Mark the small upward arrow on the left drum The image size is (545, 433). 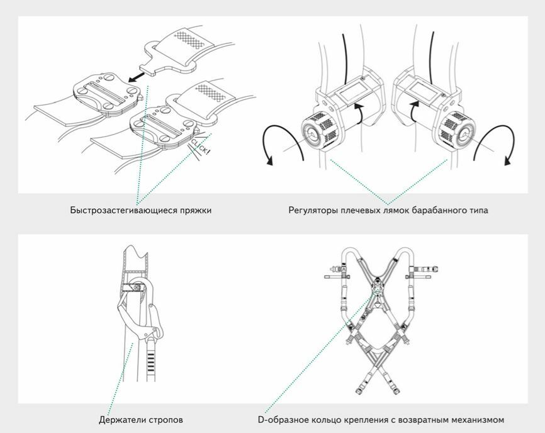click(359, 112)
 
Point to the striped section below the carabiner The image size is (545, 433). click(150, 362)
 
